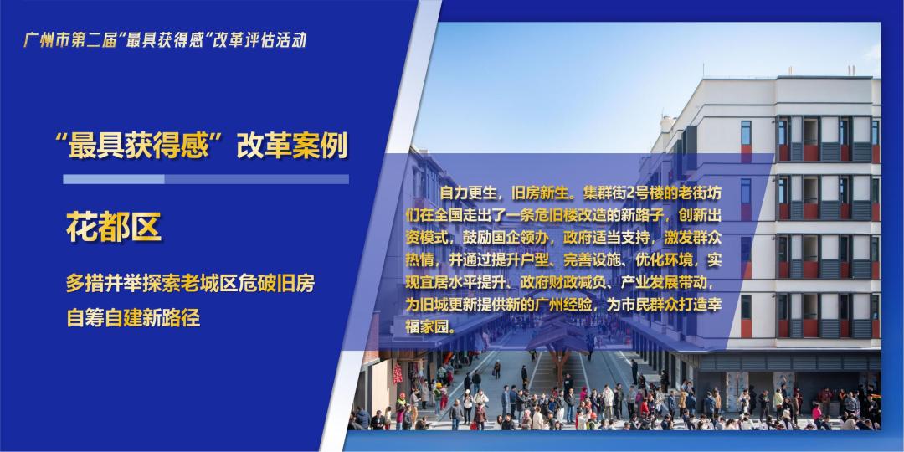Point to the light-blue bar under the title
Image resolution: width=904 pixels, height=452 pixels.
tap(114, 179)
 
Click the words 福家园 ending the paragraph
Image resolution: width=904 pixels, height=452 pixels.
tap(429, 329)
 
